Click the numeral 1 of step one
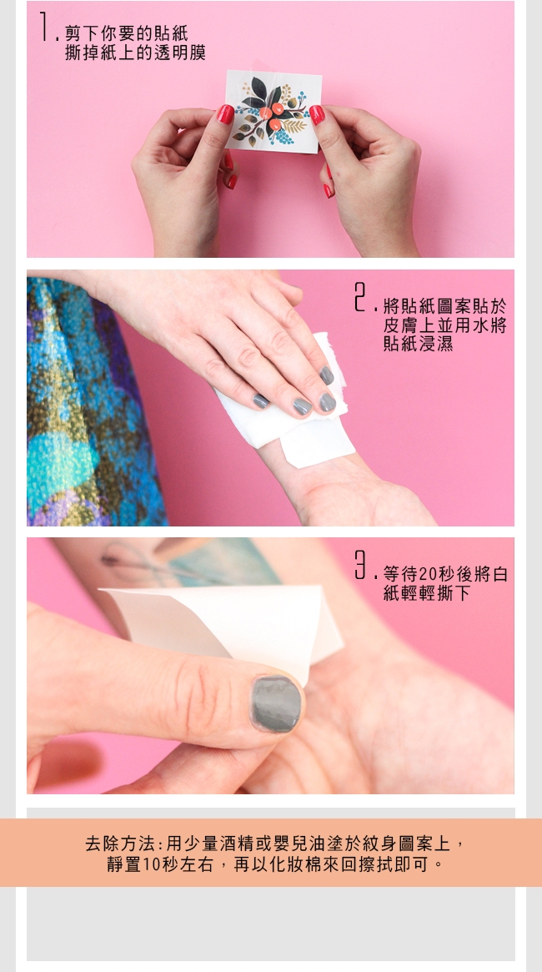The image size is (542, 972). (45, 27)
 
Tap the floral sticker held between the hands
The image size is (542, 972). (274, 111)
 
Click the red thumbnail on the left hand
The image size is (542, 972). (225, 114)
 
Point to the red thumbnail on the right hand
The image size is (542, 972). (317, 114)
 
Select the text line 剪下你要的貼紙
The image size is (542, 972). (127, 33)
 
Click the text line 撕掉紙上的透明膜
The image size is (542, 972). (135, 53)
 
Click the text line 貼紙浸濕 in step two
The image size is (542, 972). (418, 344)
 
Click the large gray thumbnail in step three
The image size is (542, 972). (276, 703)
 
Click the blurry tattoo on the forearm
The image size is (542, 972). (186, 563)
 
